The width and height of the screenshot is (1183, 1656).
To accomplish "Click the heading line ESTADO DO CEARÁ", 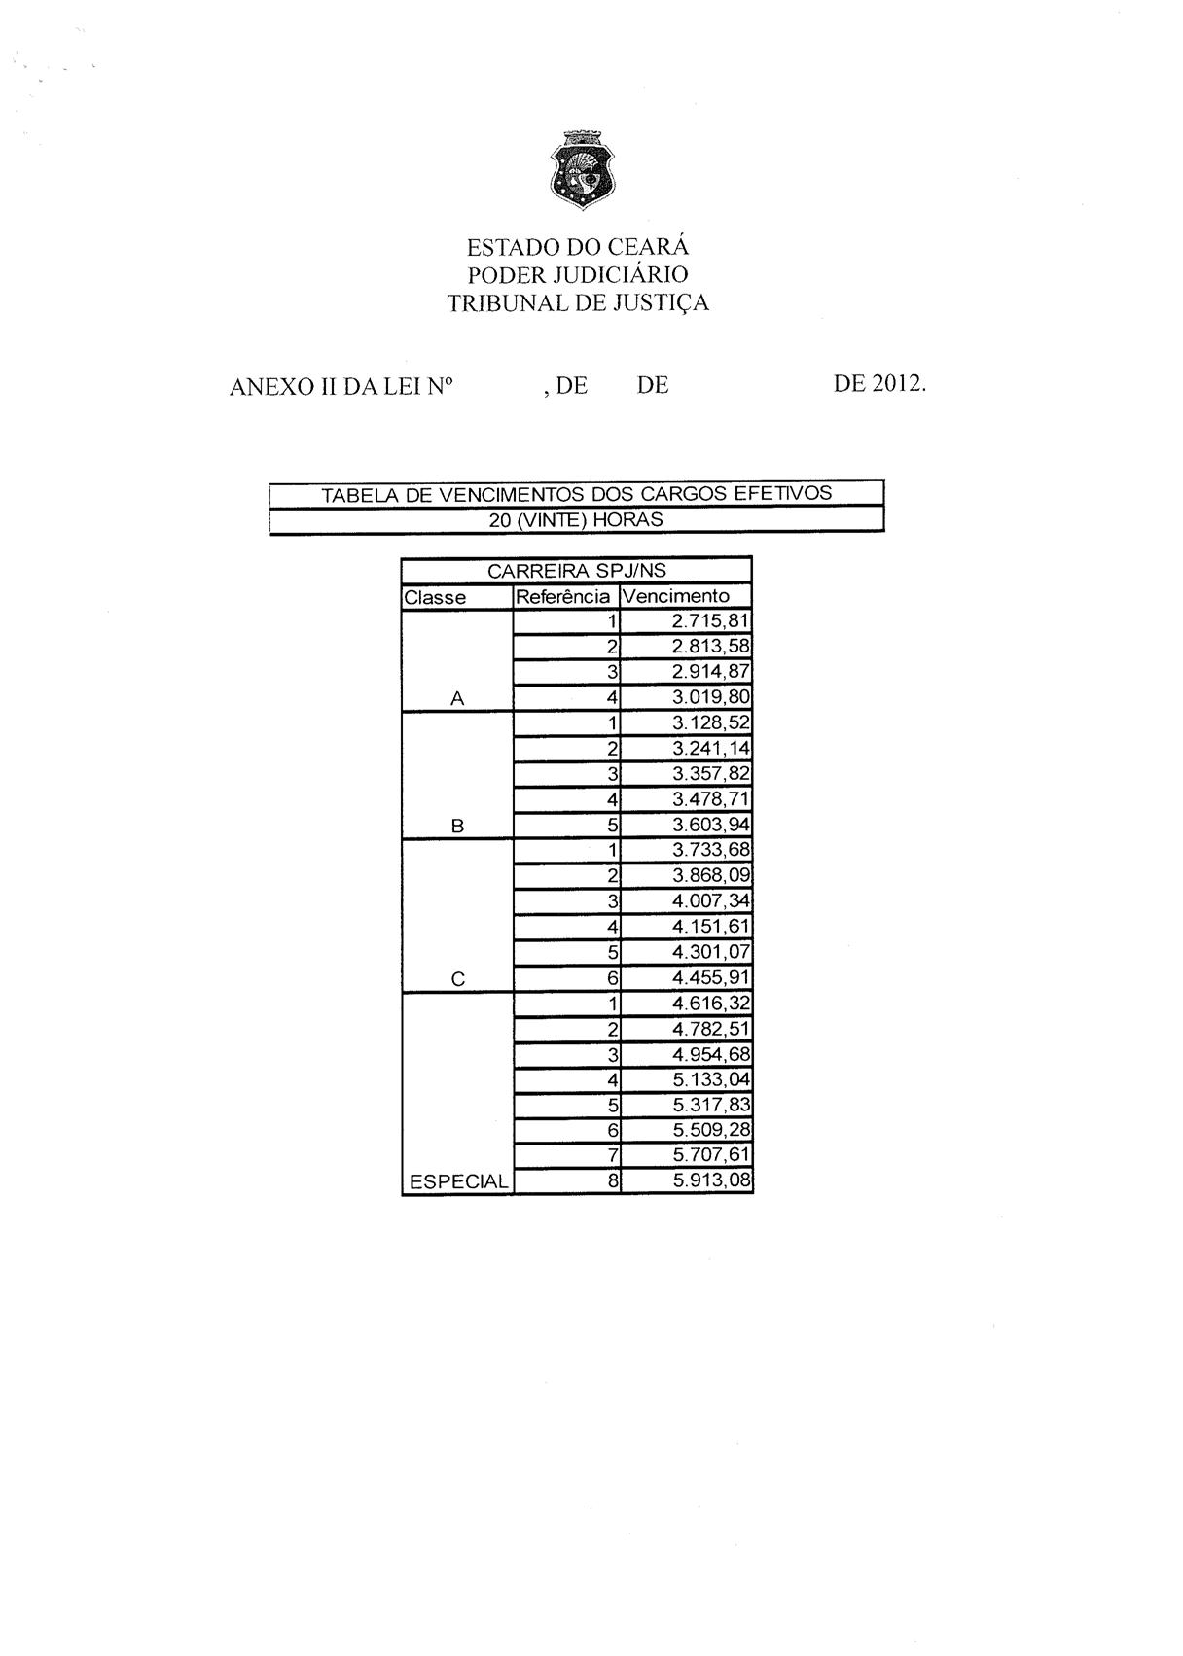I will (578, 247).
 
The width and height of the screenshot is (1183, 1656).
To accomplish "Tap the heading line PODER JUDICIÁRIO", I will (578, 275).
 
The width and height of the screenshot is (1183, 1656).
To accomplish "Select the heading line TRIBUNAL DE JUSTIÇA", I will (578, 303).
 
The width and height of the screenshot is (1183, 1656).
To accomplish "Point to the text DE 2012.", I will (879, 384).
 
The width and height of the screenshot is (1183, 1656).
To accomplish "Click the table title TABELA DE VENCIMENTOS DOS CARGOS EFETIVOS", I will (577, 493).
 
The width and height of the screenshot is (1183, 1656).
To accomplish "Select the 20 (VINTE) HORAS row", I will (577, 519).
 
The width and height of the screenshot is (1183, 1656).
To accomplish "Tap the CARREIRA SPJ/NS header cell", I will (577, 571).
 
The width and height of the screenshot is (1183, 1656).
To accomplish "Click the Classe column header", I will (436, 597).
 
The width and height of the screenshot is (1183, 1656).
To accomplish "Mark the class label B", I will (457, 827).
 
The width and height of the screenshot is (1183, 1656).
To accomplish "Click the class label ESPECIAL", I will (458, 1182).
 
